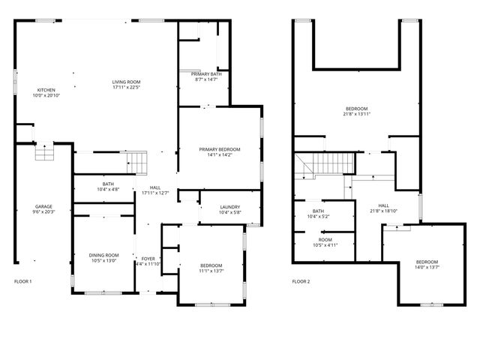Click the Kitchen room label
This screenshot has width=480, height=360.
46,93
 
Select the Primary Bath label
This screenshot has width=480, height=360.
205,76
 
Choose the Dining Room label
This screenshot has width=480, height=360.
104,258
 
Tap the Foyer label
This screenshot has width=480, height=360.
148,261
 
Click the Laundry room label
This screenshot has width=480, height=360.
229,211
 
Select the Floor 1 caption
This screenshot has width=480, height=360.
23,281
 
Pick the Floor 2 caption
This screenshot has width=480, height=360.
300,281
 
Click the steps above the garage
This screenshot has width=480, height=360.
44,153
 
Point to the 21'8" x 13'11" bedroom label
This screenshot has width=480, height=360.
356,112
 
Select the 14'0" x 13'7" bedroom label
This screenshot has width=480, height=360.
427,264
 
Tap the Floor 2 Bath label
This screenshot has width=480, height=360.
318,214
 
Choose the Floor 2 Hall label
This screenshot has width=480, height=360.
383,208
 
